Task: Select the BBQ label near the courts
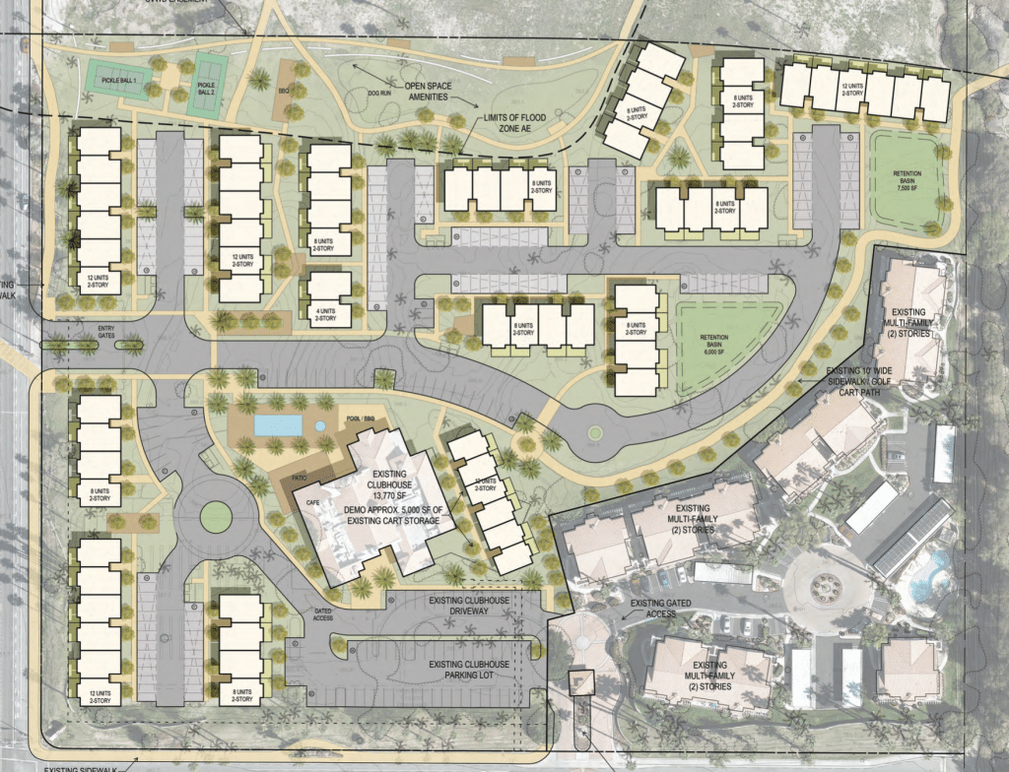coord(287,90)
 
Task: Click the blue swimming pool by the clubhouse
coord(278,425)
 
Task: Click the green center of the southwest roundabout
coord(215,513)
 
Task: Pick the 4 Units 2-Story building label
coord(326,314)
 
